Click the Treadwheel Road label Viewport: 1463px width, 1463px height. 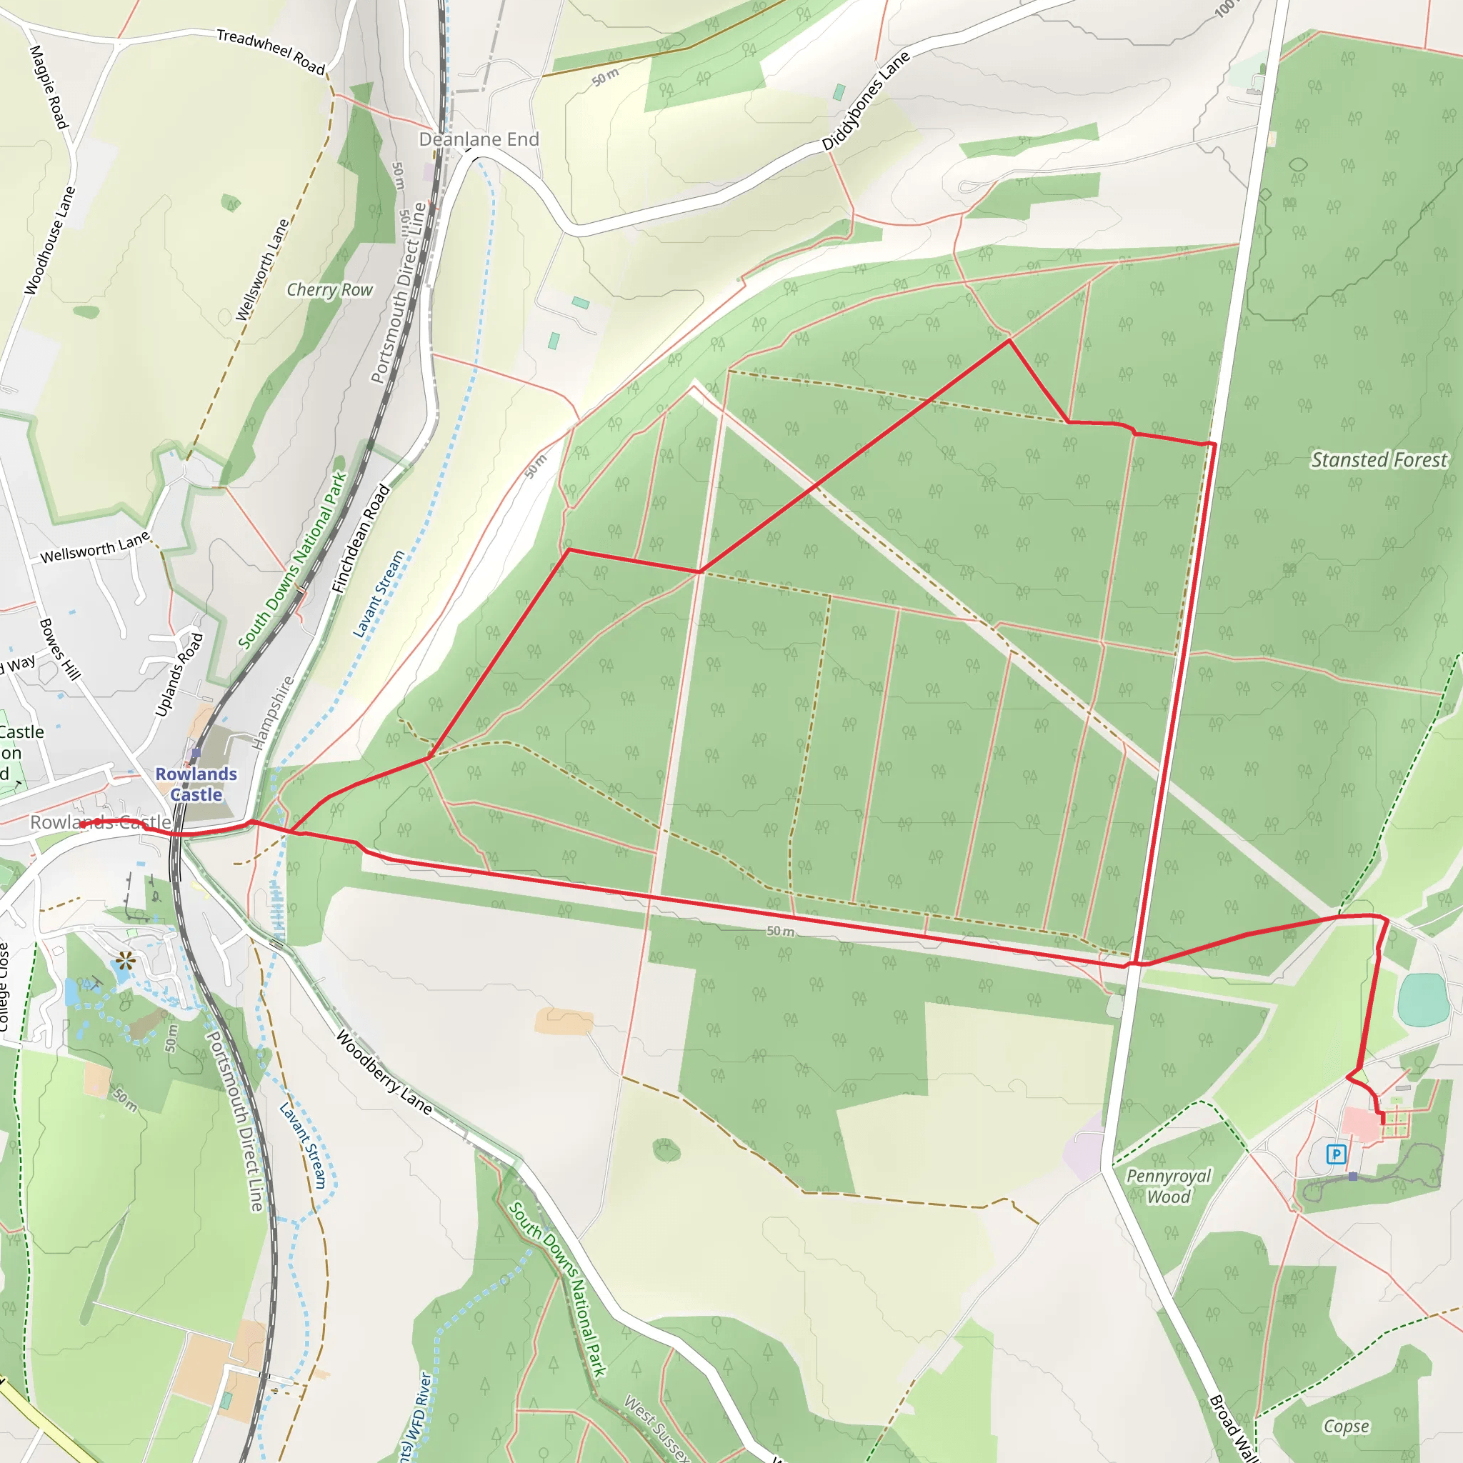tap(270, 51)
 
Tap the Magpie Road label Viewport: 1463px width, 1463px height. tap(49, 86)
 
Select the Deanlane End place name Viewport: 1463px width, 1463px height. tap(479, 139)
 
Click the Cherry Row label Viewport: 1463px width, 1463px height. tap(329, 290)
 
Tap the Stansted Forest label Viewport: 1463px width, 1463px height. tap(1378, 459)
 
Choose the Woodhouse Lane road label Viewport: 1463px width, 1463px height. tap(50, 240)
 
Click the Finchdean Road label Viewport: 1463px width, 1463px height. tap(361, 539)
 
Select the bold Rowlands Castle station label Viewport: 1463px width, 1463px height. tap(196, 784)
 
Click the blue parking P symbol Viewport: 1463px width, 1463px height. tap(1336, 1155)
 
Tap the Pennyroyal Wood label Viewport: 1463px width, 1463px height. tap(1169, 1186)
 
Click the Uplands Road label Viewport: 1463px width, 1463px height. tap(179, 674)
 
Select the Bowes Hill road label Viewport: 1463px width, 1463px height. tap(60, 649)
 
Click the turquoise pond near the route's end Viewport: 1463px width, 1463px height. tap(1424, 1000)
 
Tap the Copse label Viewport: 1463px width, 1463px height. tap(1346, 1427)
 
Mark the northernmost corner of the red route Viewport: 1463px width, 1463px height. tap(1009, 341)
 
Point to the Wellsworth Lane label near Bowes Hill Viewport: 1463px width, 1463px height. tap(95, 547)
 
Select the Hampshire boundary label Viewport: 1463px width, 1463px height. tap(273, 712)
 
